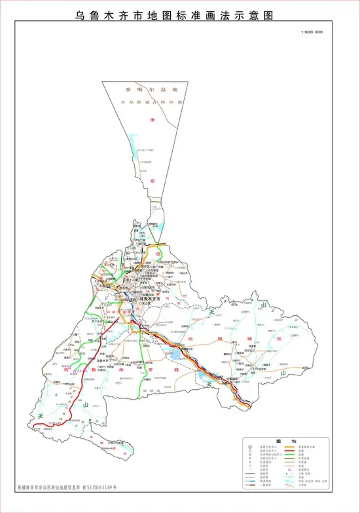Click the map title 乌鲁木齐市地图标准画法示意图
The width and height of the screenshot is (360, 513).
click(x=180, y=14)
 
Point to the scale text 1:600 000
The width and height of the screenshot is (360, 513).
click(x=312, y=33)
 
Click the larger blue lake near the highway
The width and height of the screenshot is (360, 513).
click(x=177, y=356)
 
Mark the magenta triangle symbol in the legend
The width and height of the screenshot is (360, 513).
click(x=289, y=470)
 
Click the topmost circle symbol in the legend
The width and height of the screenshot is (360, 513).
click(x=250, y=447)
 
